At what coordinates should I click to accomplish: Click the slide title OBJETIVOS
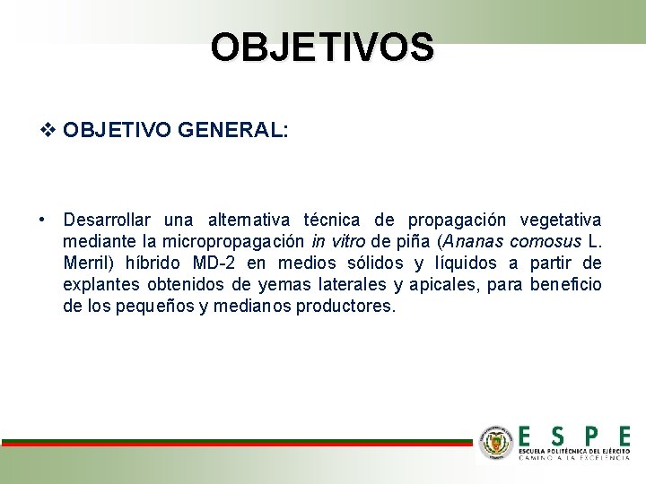tap(322, 48)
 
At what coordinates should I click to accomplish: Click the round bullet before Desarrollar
tap(42, 220)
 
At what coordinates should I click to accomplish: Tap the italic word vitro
tap(349, 242)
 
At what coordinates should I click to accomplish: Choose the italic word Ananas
tap(470, 242)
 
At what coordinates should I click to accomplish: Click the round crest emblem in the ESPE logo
tap(496, 442)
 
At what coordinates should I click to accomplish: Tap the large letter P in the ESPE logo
tap(590, 436)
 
